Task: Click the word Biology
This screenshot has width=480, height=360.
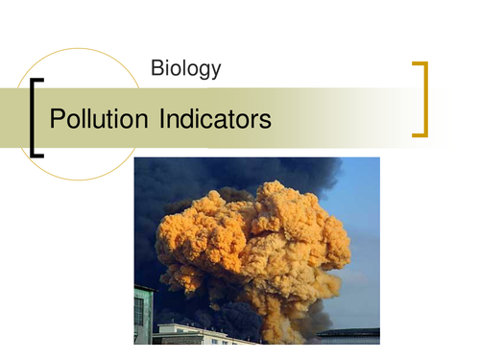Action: pos(186,68)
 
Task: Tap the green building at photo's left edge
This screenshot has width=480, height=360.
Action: pos(142,313)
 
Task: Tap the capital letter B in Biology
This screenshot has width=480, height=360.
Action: pos(157,68)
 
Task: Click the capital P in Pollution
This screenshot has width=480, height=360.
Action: pos(56,120)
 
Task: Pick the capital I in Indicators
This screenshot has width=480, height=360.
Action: pos(156,120)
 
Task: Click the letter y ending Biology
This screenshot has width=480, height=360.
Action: pos(216,71)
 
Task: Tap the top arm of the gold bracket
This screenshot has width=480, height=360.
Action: pos(419,64)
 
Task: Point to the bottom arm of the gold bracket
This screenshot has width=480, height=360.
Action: pos(419,135)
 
